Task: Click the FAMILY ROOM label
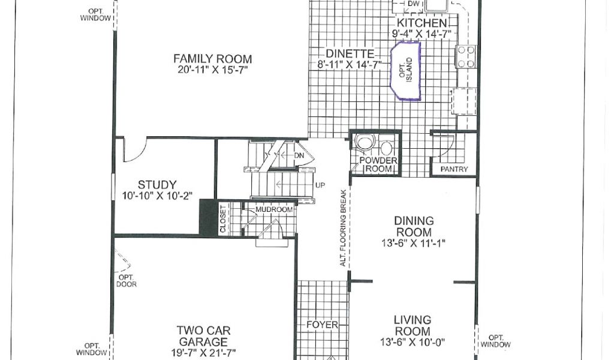(x=213, y=59)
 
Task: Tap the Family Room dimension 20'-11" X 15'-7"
(x=213, y=70)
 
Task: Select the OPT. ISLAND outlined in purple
(x=406, y=71)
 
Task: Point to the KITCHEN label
(x=422, y=23)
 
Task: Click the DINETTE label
(x=350, y=53)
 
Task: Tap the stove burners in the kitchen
(x=466, y=57)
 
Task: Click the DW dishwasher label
(x=414, y=4)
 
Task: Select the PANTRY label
(x=455, y=169)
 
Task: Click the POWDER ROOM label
(x=378, y=164)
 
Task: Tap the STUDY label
(x=157, y=185)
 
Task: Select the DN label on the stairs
(x=299, y=155)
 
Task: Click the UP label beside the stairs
(x=320, y=185)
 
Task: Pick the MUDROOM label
(x=274, y=209)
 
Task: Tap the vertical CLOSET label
(x=223, y=219)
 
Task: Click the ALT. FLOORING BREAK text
(x=343, y=229)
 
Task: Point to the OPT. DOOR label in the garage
(x=127, y=280)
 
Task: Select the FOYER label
(x=322, y=325)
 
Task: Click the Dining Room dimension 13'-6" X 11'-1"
(x=414, y=243)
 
